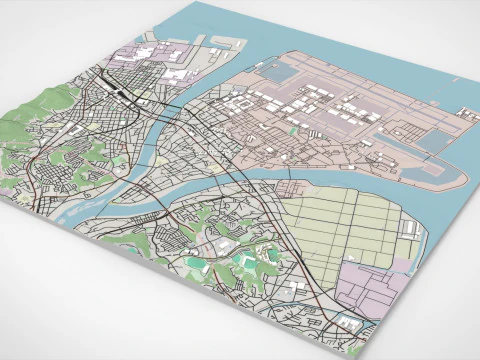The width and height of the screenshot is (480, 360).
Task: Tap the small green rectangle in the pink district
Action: tap(293, 129)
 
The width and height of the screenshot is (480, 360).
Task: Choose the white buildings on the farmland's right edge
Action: tap(411, 229)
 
